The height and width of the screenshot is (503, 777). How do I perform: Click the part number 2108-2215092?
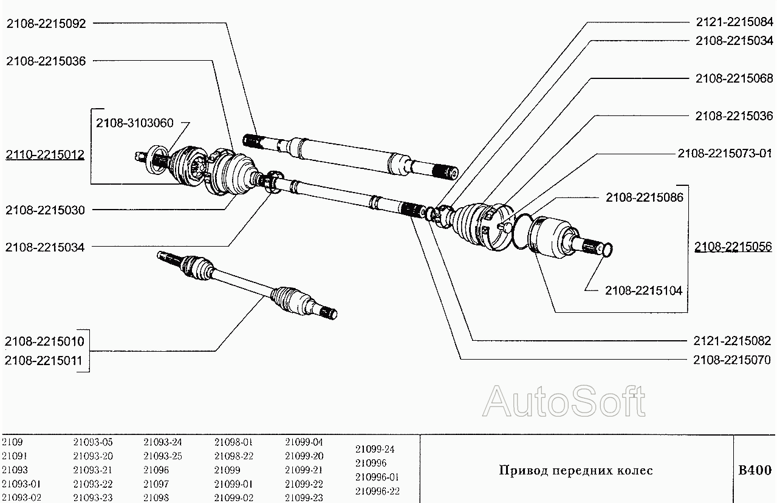(46, 24)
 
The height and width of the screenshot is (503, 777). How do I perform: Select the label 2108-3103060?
(134, 123)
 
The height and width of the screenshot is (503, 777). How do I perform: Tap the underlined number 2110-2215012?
(46, 155)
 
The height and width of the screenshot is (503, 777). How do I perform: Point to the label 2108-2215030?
(46, 210)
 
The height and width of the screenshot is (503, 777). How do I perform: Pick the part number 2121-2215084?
(734, 22)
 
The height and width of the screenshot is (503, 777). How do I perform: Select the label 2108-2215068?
(734, 78)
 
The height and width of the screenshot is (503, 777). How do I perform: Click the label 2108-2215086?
(644, 197)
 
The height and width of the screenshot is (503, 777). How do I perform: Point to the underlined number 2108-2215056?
(734, 247)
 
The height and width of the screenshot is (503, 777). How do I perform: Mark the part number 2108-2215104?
(643, 291)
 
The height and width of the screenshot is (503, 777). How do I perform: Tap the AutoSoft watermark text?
(564, 402)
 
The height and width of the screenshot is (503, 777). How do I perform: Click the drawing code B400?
(755, 470)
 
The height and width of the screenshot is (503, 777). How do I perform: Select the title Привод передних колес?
(575, 471)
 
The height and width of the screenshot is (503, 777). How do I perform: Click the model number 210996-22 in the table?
(377, 491)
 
